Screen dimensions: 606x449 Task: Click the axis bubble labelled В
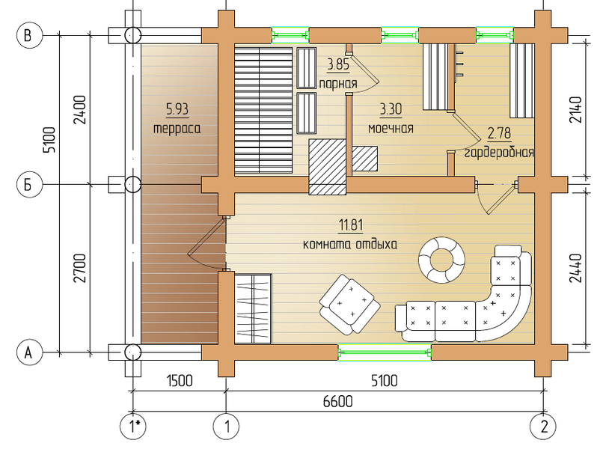(x=28, y=35)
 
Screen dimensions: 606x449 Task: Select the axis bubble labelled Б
(x=28, y=185)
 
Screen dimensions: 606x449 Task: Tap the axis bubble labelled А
(x=28, y=352)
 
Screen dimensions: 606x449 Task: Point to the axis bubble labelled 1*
(x=133, y=427)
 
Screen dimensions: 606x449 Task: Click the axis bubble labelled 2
(x=544, y=427)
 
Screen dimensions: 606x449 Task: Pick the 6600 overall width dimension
(x=337, y=401)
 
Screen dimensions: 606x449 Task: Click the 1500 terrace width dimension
(x=180, y=381)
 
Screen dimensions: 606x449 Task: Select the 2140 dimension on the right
(x=575, y=109)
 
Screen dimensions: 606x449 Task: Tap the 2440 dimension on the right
(x=575, y=268)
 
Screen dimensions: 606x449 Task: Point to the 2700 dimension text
(x=80, y=268)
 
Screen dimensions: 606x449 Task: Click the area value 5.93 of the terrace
(x=177, y=109)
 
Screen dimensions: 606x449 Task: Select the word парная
(x=337, y=84)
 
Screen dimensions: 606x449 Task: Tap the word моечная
(x=391, y=128)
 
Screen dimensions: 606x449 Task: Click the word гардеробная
(x=499, y=153)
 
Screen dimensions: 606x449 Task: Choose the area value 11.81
(x=351, y=224)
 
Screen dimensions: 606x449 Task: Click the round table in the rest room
(x=441, y=260)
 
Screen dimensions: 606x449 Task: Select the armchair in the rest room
(x=350, y=305)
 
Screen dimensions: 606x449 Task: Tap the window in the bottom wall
(x=385, y=352)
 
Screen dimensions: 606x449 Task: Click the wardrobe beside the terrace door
(x=253, y=308)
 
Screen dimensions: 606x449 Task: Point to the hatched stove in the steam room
(x=327, y=167)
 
